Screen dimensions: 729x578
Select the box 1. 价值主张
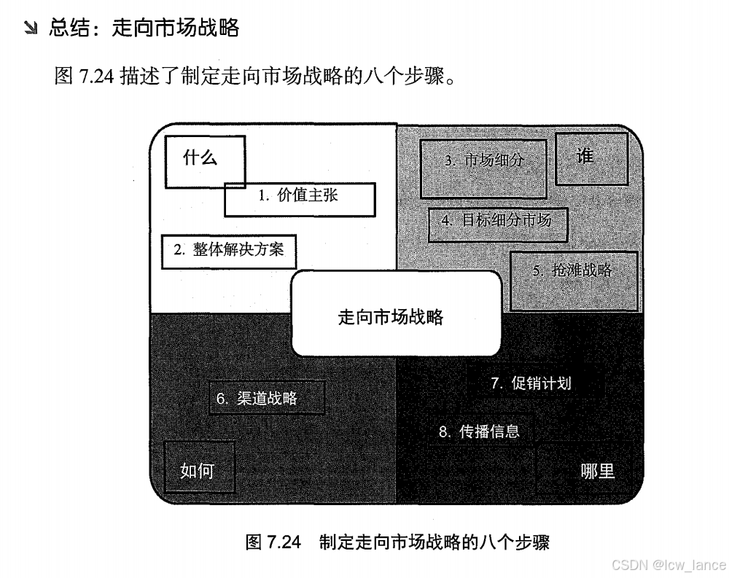pos(299,199)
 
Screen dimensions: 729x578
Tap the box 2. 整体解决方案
pos(229,251)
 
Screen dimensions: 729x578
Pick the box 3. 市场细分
pos(483,168)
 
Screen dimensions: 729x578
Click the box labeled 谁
pos(591,158)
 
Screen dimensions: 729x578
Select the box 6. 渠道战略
pos(266,398)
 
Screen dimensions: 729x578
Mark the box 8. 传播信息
pos(479,431)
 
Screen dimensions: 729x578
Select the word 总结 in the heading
pos(71,29)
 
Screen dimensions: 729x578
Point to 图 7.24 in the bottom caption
pos(274,543)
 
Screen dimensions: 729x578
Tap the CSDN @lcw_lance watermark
pos(668,564)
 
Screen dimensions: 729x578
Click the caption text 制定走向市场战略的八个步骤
pos(434,543)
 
